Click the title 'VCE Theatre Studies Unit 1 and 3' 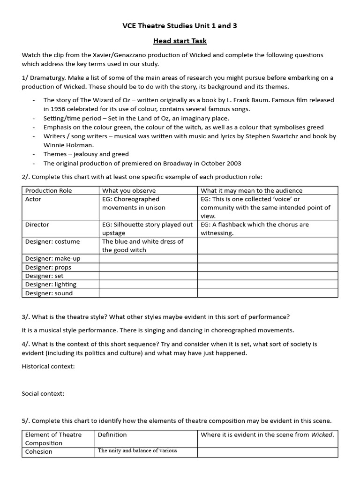pyautogui.click(x=180, y=26)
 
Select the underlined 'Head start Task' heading pyautogui.click(x=180, y=41)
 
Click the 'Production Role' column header pyautogui.click(x=48, y=190)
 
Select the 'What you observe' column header pyautogui.click(x=129, y=190)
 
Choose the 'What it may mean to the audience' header pyautogui.click(x=252, y=190)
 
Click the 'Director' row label pyautogui.click(x=37, y=225)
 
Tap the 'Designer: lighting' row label pyautogui.click(x=51, y=285)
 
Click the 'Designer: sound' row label pyautogui.click(x=49, y=293)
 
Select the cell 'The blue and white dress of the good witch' pyautogui.click(x=142, y=246)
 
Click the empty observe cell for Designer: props pyautogui.click(x=148, y=267)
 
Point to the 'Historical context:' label pyautogui.click(x=48, y=366)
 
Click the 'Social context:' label pyautogui.click(x=43, y=393)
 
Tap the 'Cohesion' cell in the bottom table pyautogui.click(x=39, y=452)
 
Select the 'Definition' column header pyautogui.click(x=112, y=435)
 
